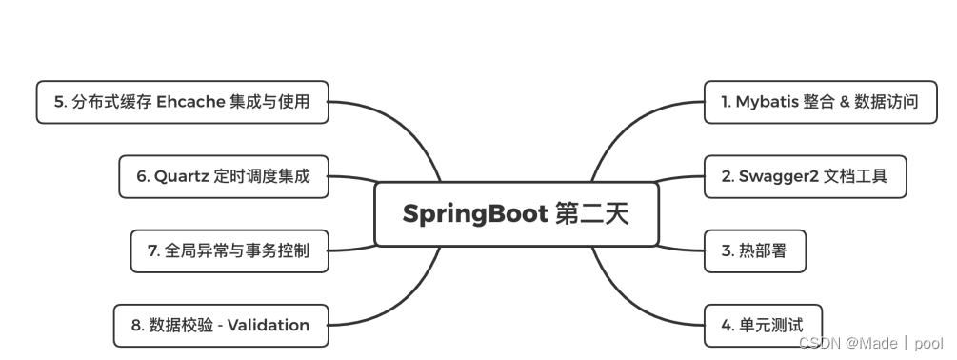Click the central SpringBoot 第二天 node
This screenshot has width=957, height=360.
click(x=515, y=214)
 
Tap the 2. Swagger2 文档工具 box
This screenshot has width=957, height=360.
click(x=805, y=176)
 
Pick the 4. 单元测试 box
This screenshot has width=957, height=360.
click(x=762, y=325)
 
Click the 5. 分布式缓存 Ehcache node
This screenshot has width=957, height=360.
click(x=182, y=102)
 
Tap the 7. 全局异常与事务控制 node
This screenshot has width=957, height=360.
click(x=229, y=251)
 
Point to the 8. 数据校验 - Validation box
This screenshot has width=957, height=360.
click(x=221, y=325)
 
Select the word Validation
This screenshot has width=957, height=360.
click(x=269, y=325)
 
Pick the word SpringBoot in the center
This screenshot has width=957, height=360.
click(x=473, y=214)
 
